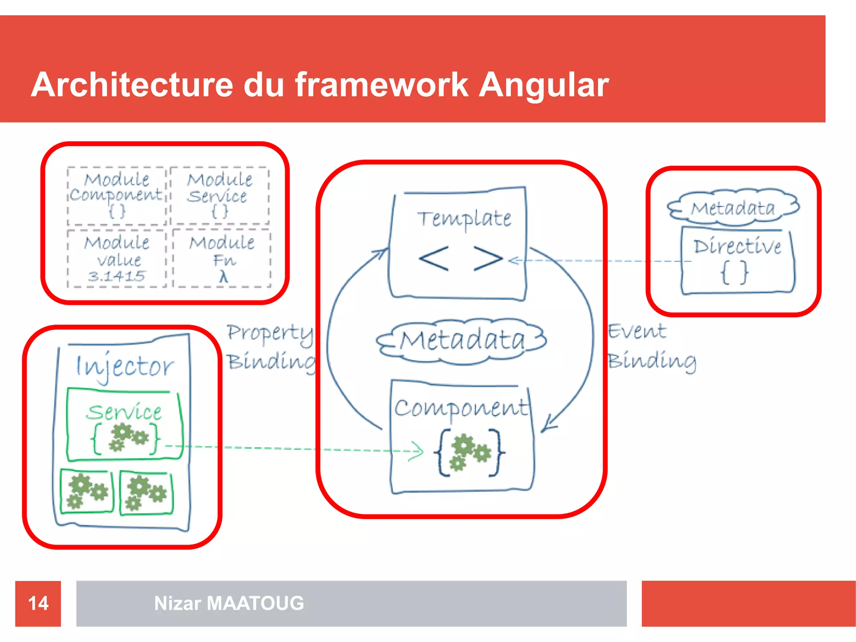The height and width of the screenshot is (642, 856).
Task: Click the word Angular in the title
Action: pos(543,85)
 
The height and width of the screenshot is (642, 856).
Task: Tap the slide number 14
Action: pos(38,603)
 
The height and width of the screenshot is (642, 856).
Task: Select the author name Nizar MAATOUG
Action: pos(229,603)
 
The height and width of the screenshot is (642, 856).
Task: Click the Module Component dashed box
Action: pos(117,196)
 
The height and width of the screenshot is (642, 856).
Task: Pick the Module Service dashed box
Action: pos(219,196)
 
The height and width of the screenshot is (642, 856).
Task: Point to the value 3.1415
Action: pos(117,276)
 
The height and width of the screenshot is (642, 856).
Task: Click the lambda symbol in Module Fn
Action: pos(224,276)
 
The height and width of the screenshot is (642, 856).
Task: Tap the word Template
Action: pos(464,219)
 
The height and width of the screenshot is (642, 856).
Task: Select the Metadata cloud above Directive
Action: pos(733,208)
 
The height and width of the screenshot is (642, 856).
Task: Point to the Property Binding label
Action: pos(271,347)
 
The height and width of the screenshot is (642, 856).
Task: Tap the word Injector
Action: pos(124,367)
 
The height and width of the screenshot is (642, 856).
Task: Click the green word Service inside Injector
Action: pos(124,412)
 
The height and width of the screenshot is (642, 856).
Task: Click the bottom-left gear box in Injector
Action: pos(87,492)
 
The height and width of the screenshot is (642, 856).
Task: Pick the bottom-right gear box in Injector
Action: pos(146,493)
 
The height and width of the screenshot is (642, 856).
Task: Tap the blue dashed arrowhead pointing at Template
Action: pos(514,261)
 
